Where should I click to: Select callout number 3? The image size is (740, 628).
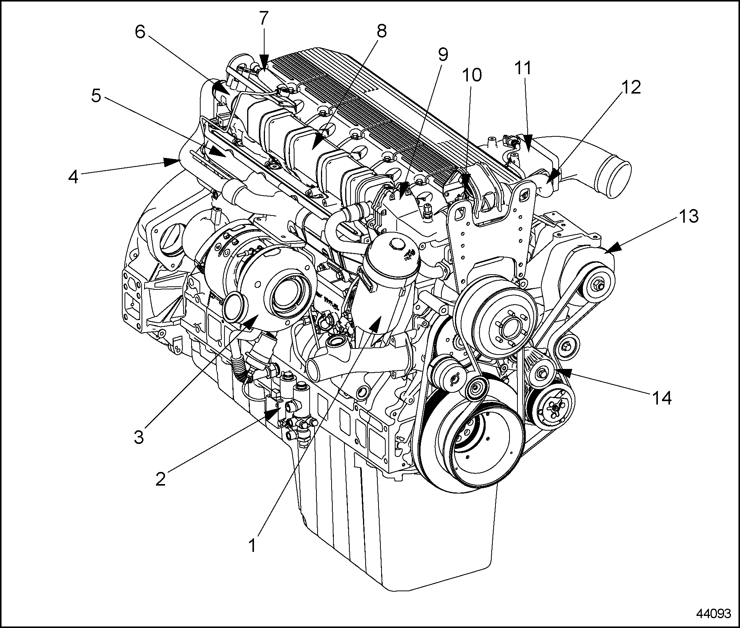(x=139, y=436)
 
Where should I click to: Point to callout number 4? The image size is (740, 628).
(x=73, y=177)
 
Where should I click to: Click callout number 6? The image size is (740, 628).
(x=140, y=32)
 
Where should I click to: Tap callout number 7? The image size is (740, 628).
(x=264, y=17)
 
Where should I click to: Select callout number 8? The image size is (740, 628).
(x=381, y=31)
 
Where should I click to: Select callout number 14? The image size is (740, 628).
(x=661, y=397)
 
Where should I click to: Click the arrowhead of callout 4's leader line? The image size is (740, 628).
(x=173, y=162)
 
